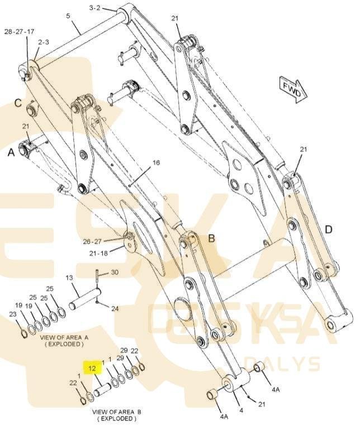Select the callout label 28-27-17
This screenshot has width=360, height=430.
(19, 31)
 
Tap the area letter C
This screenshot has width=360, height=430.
(18, 103)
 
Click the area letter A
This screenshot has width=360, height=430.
(11, 152)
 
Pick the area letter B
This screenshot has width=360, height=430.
(212, 238)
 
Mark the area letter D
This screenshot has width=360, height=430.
(329, 230)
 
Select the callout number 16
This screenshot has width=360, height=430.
(156, 163)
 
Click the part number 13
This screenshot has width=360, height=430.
(69, 278)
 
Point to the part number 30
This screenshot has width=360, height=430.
(115, 272)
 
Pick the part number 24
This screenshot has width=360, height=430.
(115, 308)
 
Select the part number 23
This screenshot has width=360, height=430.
(13, 314)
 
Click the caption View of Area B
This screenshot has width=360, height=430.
(116, 415)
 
